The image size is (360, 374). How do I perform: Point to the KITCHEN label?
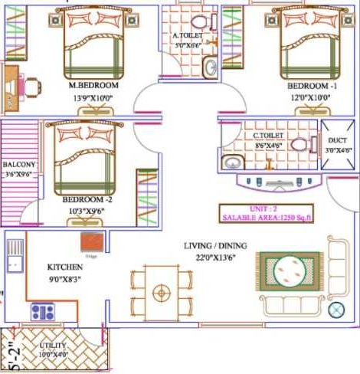click(65, 267)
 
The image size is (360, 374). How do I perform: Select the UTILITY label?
click(53, 346)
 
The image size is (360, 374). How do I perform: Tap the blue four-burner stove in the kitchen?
click(42, 312)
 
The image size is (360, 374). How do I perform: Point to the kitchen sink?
click(15, 254)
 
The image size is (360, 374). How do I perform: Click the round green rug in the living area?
click(290, 271)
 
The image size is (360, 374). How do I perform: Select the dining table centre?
click(161, 292)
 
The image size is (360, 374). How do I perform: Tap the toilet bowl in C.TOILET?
click(299, 143)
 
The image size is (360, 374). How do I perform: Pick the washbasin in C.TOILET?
click(232, 162)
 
